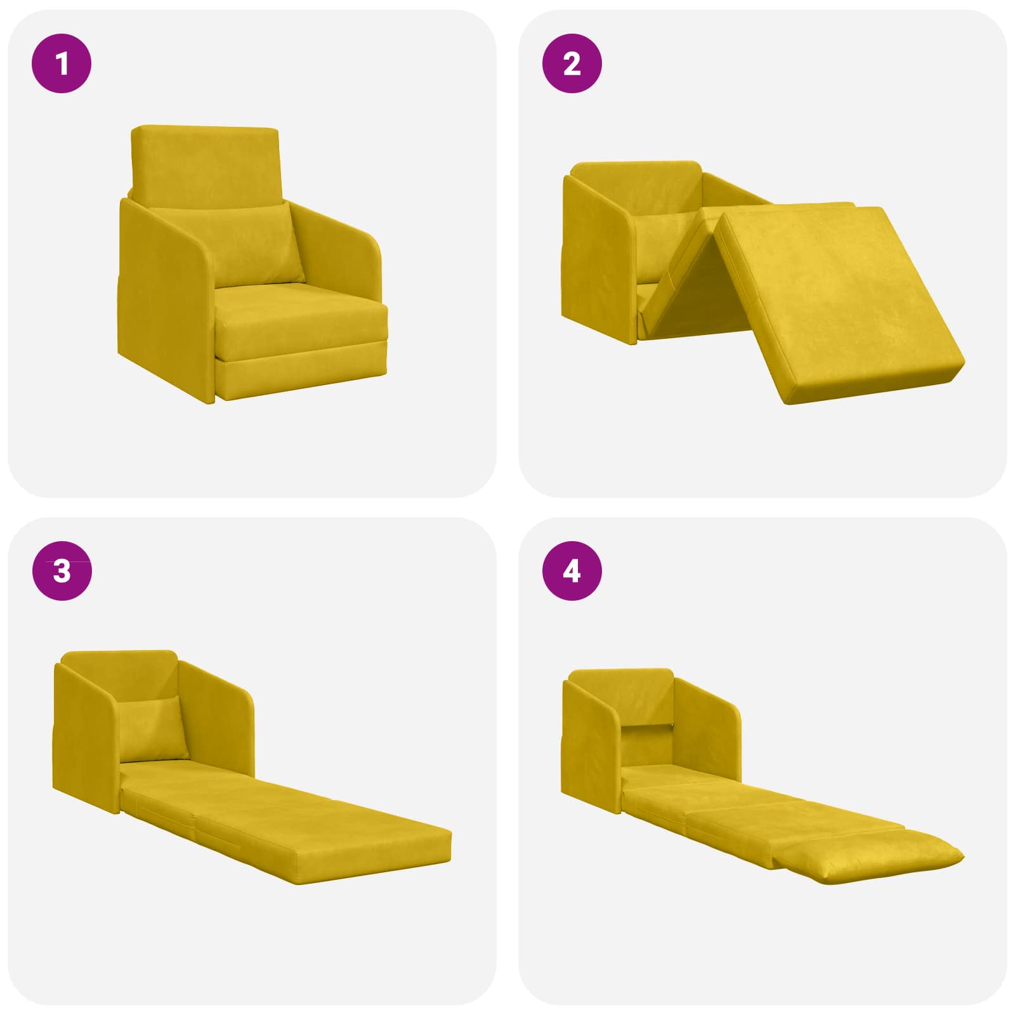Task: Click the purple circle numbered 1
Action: (x=62, y=63)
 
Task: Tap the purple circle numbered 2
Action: (x=572, y=63)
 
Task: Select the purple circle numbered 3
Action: (x=62, y=571)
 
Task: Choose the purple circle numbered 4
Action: (x=572, y=571)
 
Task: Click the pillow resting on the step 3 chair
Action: (x=152, y=730)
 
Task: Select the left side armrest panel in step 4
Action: (x=590, y=742)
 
